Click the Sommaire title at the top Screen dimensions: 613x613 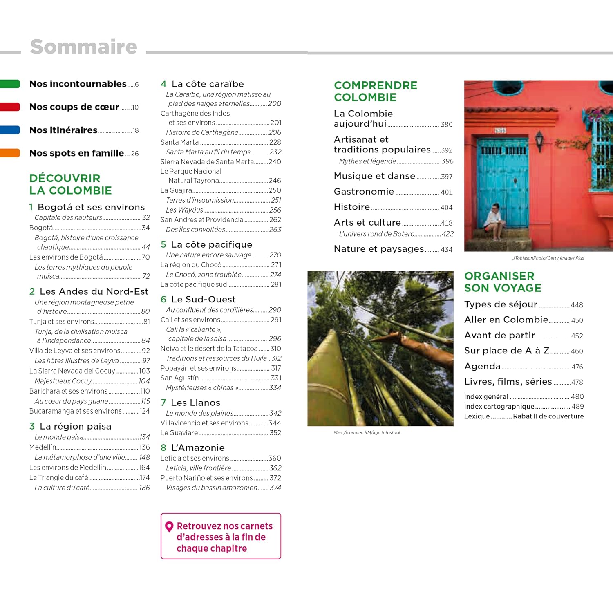pos(84,47)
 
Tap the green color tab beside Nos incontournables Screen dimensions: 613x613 pos(10,84)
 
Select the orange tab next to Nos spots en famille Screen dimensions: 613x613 pos(10,153)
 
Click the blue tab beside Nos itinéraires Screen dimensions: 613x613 pos(10,130)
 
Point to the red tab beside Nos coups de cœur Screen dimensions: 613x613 pos(10,107)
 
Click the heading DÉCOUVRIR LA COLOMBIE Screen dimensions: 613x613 pos(70,184)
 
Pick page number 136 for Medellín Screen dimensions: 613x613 pos(145,447)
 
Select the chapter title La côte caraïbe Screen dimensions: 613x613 pos(208,84)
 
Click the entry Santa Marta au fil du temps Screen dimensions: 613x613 pos(208,152)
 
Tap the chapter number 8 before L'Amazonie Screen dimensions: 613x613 pos(163,448)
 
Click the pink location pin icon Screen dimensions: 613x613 pos(169,527)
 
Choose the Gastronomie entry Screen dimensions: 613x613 pos(364,192)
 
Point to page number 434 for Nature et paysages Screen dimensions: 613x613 pos(446,250)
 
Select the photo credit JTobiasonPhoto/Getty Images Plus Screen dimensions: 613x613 pos(548,258)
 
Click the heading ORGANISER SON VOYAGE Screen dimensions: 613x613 pos(503,282)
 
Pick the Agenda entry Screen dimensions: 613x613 pos(482,366)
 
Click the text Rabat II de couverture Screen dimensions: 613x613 pos(548,416)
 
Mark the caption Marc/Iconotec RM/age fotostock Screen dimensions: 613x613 pos(367,432)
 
